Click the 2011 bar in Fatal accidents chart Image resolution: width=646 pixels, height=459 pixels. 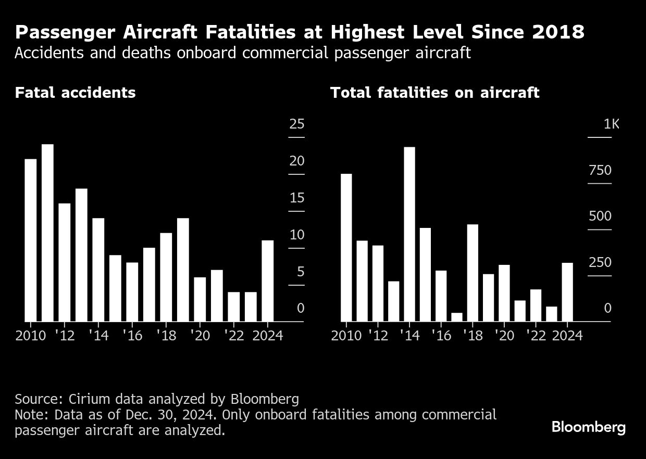(x=47, y=233)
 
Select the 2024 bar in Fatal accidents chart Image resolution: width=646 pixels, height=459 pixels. (x=267, y=280)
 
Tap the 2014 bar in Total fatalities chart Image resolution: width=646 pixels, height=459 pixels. (x=409, y=234)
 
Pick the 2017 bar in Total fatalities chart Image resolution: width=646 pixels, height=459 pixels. (x=457, y=317)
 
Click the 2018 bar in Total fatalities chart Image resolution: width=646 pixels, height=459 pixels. (x=473, y=273)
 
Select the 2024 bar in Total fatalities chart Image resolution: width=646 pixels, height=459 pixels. (x=567, y=292)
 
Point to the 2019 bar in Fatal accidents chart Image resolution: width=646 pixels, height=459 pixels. (x=183, y=270)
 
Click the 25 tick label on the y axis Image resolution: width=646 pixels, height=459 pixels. (x=296, y=124)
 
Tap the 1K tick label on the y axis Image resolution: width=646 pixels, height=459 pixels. (x=611, y=124)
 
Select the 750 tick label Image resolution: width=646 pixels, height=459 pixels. (x=600, y=171)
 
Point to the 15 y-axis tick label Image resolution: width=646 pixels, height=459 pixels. (x=296, y=198)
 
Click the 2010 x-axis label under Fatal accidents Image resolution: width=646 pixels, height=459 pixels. (x=31, y=336)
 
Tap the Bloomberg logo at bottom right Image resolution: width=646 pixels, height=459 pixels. (x=588, y=428)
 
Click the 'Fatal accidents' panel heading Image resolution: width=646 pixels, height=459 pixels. (x=75, y=93)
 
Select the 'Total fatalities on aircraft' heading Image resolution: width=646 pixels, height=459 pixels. (x=434, y=93)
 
